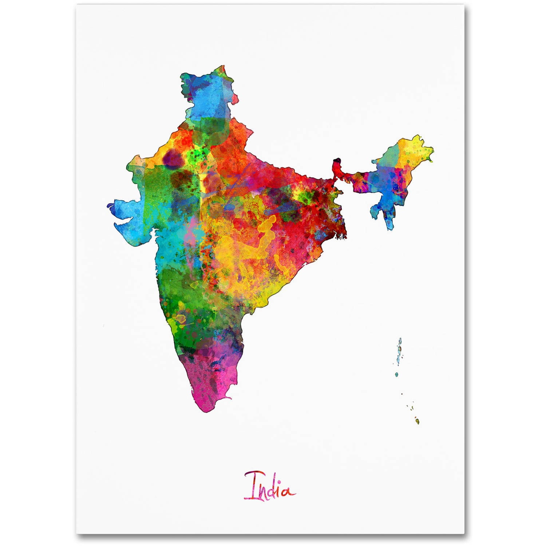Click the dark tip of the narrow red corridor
(337, 161)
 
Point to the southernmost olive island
(418, 421)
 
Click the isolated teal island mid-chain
(396, 374)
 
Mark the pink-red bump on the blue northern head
(235, 98)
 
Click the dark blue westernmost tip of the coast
(110, 206)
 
